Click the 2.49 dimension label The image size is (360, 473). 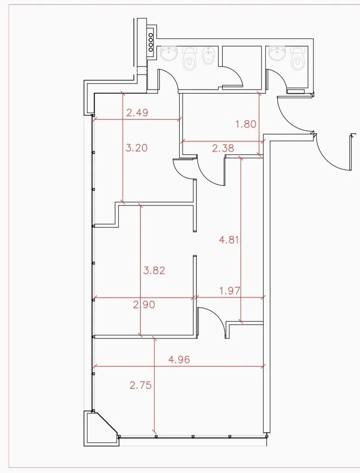pyautogui.click(x=137, y=113)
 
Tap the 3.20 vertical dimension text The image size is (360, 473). pyautogui.click(x=136, y=148)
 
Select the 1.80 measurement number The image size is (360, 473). pyautogui.click(x=246, y=124)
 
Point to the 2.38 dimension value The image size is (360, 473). pyautogui.click(x=223, y=148)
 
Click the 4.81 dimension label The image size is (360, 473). pyautogui.click(x=229, y=240)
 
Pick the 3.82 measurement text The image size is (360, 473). pyautogui.click(x=154, y=270)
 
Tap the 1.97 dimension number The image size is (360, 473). pyautogui.click(x=230, y=291)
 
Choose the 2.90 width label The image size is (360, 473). pyautogui.click(x=144, y=305)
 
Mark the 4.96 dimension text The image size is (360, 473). pyautogui.click(x=179, y=359)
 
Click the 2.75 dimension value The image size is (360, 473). pyautogui.click(x=140, y=385)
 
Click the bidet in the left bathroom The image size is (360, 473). pyautogui.click(x=207, y=56)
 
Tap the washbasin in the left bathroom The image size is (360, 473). pyautogui.click(x=169, y=54)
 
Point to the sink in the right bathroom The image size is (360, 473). pyautogui.click(x=277, y=54)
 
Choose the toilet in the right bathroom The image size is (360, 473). pyautogui.click(x=297, y=59)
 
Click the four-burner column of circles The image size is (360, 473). pyautogui.click(x=151, y=42)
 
